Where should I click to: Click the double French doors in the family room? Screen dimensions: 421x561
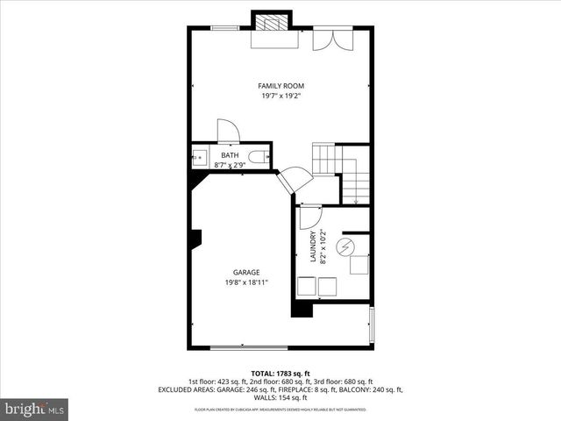click(x=331, y=40)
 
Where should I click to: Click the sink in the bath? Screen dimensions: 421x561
click(x=198, y=158)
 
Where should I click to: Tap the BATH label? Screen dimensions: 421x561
click(x=229, y=155)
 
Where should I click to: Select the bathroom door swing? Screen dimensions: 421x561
click(x=228, y=131)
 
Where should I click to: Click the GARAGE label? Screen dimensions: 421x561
click(x=245, y=272)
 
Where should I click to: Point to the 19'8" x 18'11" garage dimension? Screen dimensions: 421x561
click(x=245, y=282)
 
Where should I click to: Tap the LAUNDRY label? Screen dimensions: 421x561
click(x=312, y=246)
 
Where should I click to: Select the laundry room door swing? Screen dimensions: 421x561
click(x=310, y=217)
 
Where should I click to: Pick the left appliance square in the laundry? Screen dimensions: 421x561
click(x=307, y=287)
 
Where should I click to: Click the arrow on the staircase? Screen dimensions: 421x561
click(x=355, y=199)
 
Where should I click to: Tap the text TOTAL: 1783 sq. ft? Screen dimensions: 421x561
click(x=280, y=374)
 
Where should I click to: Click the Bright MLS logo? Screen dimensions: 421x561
click(x=35, y=409)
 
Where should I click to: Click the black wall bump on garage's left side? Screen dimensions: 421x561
click(x=197, y=240)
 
